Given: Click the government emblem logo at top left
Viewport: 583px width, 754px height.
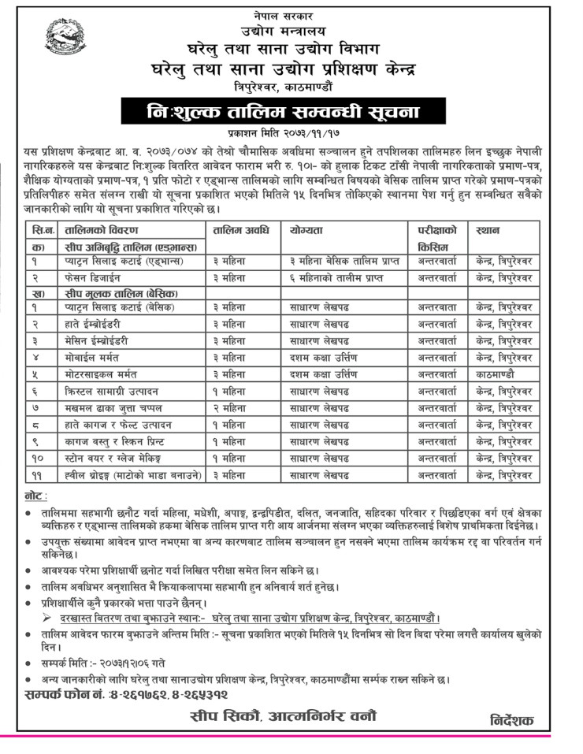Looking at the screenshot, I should pyautogui.click(x=67, y=41).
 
